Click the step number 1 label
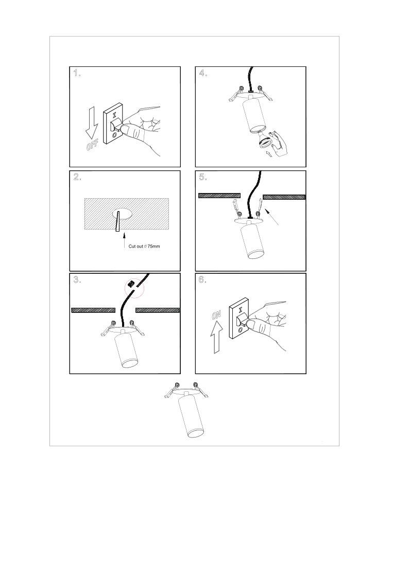[x=77, y=73]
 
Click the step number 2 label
[x=77, y=177]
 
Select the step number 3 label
[x=77, y=280]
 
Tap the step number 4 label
[x=203, y=73]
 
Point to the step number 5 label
[x=203, y=177]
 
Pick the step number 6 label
[x=203, y=280]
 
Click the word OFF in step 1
[x=92, y=145]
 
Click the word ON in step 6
[x=216, y=315]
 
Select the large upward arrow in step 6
[x=216, y=337]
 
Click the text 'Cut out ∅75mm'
[x=144, y=246]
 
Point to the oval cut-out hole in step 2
[x=122, y=214]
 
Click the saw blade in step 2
[x=118, y=221]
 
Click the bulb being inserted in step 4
[x=266, y=142]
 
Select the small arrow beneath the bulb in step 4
[x=269, y=153]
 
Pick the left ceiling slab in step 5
[x=219, y=196]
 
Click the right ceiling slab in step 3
[x=158, y=310]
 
